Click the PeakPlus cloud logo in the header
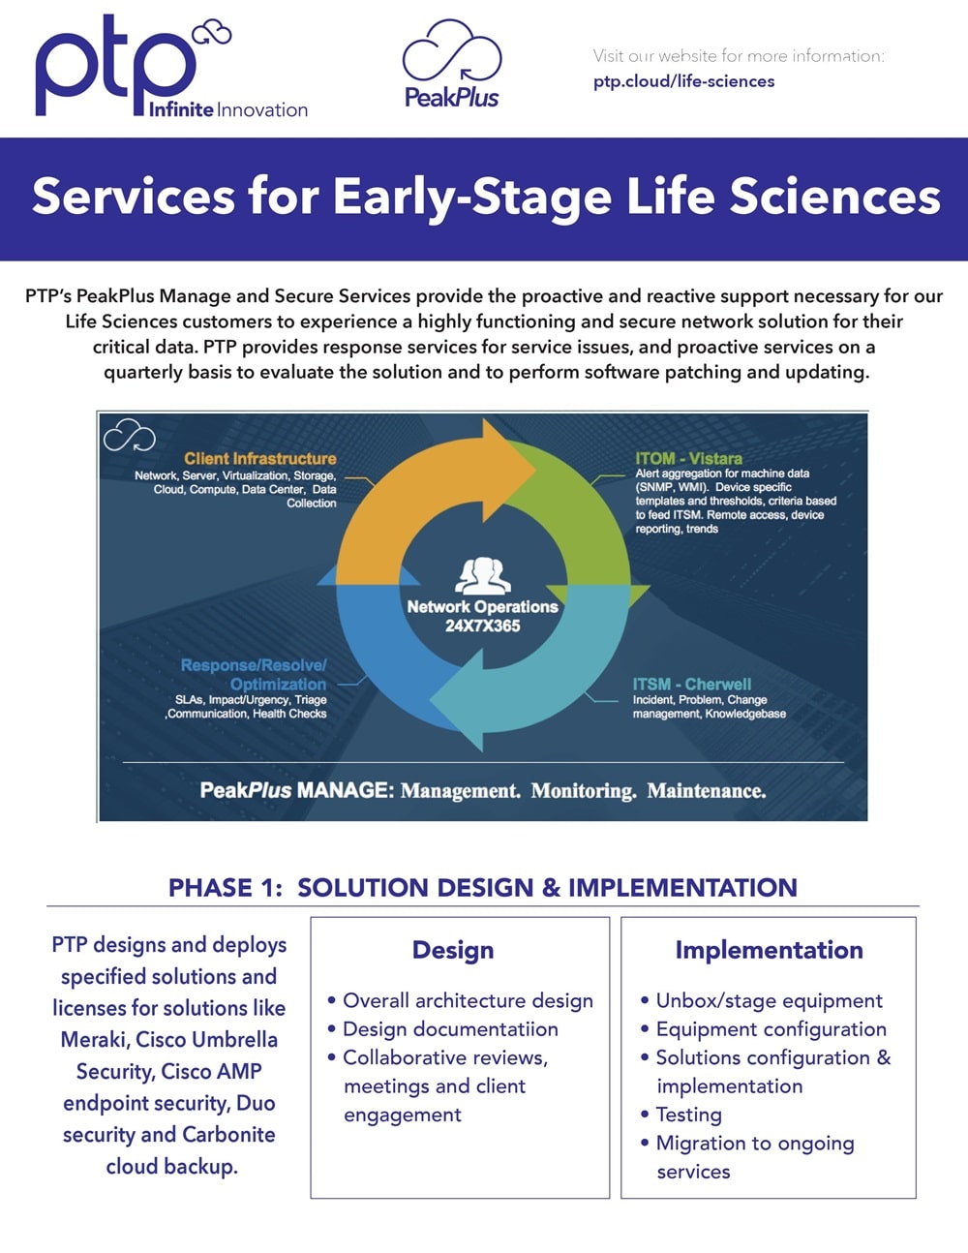pos(451,64)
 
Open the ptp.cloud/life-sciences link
pos(683,81)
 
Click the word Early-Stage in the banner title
pos(473,197)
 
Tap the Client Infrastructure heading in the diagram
pos(260,459)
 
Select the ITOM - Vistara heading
pos(688,459)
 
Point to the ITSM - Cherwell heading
pos(691,684)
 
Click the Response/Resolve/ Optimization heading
pos(254,674)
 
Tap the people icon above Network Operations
pos(483,575)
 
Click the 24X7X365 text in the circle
pos(483,626)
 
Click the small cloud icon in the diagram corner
pos(130,436)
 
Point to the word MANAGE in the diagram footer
pos(343,790)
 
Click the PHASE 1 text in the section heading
pos(225,888)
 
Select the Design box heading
pos(453,950)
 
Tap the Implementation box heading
pos(769,950)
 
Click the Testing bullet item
pos(688,1115)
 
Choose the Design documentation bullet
pos(450,1029)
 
